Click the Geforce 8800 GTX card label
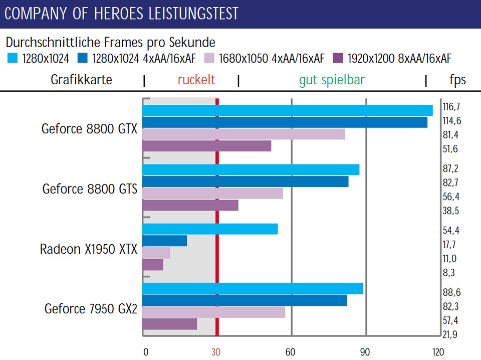coord(89,129)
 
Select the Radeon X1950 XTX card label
coord(88,249)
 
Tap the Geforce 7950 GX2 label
coord(91,308)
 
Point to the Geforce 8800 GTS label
coord(90,189)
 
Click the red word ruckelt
coord(196,80)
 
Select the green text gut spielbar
coord(332,80)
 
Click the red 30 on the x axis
coord(216,352)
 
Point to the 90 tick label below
coord(365,352)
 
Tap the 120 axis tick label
coord(438,352)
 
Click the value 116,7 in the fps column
coord(451,107)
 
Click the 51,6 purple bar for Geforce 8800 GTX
coord(207,146)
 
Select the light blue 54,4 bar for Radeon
coord(210,229)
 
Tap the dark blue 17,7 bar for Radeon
coord(165,241)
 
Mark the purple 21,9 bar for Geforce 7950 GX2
coord(170,324)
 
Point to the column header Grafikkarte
coord(82,80)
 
